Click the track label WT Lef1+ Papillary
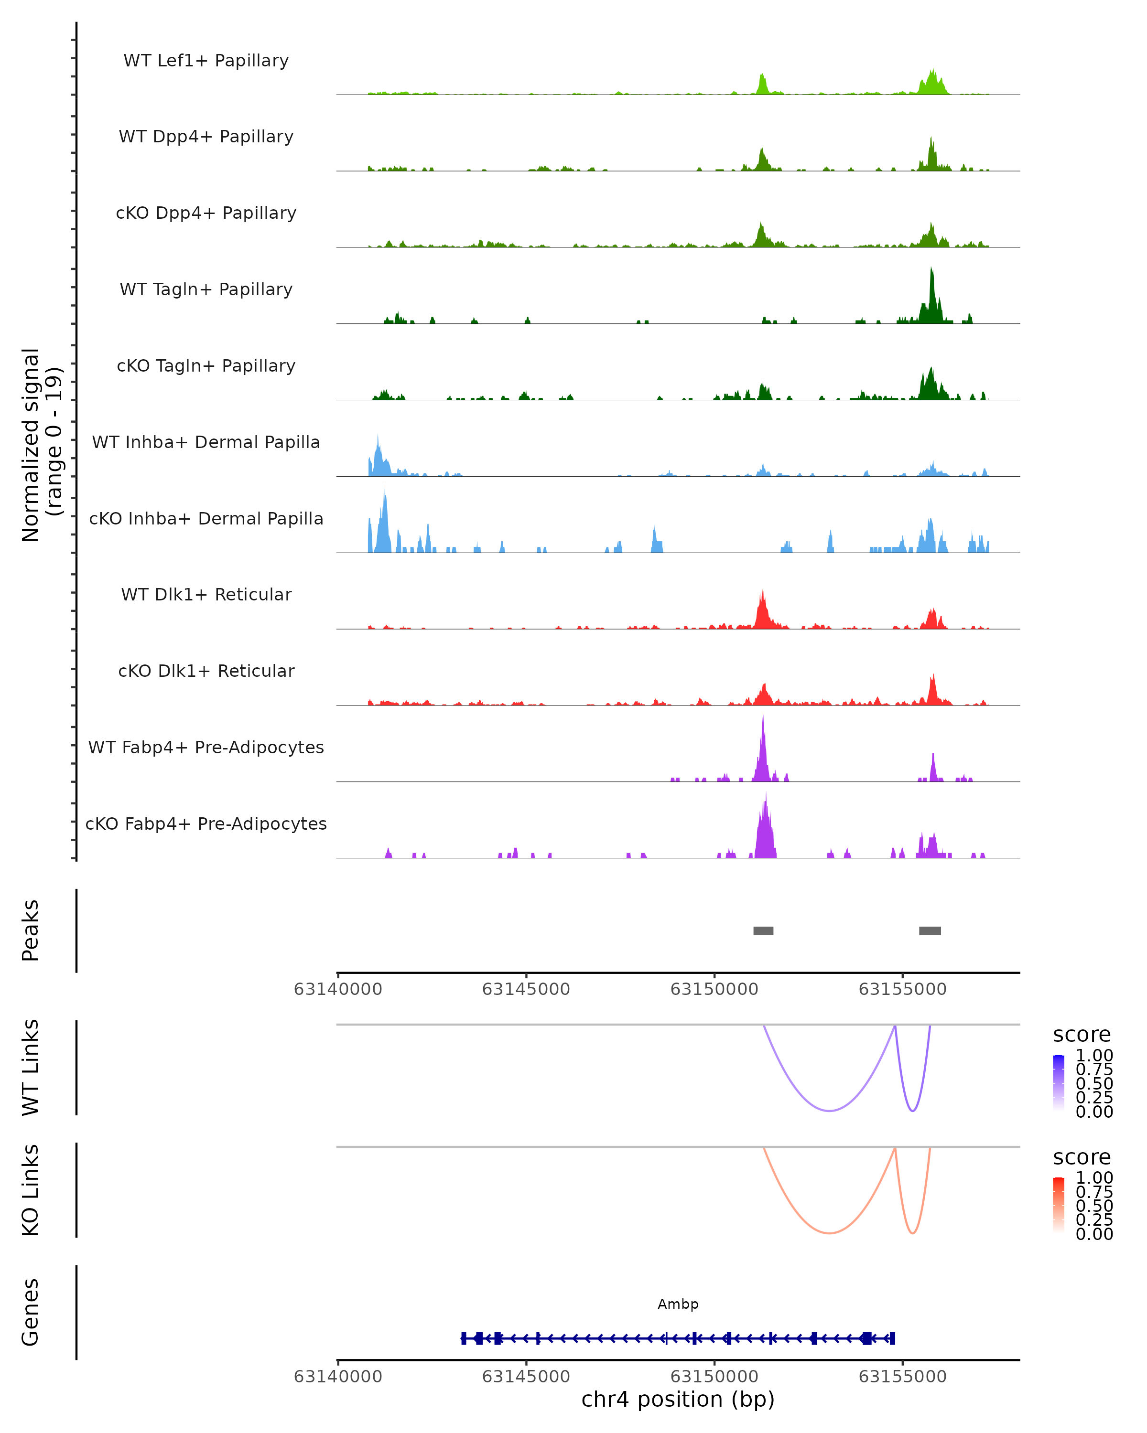point(206,61)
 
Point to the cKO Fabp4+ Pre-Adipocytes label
point(206,823)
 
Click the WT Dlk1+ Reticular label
point(206,595)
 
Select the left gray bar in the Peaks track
point(763,930)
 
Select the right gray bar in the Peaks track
point(930,930)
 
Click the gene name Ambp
point(678,1304)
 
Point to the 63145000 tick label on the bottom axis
point(526,1377)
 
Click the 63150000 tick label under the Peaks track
point(714,990)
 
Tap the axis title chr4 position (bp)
point(678,1400)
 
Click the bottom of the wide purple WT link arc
point(829,1111)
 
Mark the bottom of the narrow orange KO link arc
point(913,1233)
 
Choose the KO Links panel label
point(31,1190)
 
